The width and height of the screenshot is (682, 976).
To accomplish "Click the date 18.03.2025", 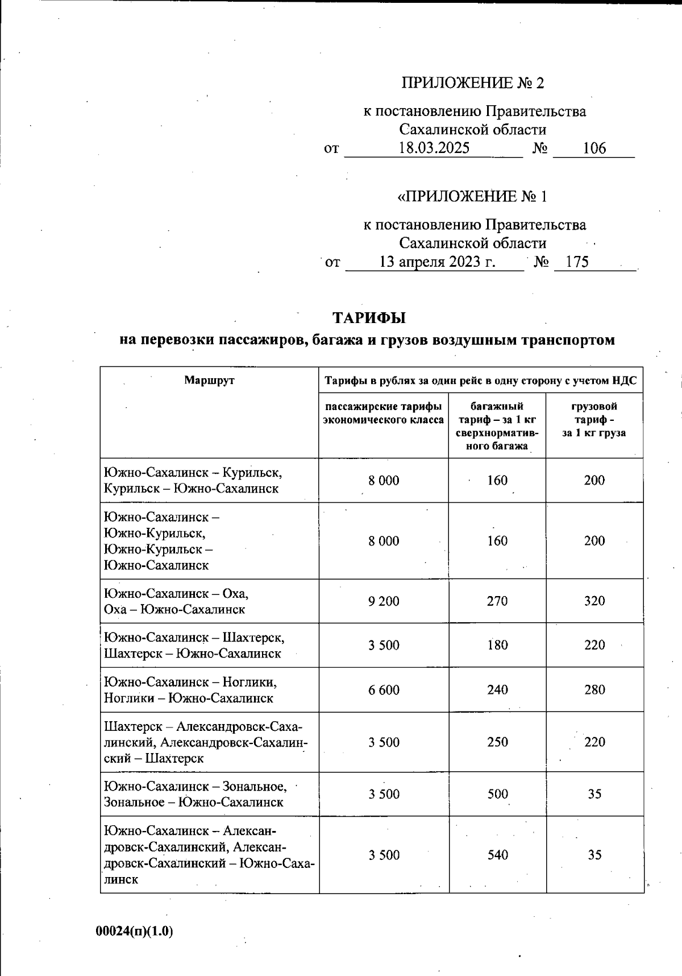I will pos(434,148).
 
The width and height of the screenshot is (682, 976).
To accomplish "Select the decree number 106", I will pos(594,148).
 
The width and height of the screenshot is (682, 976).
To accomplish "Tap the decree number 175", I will pos(577,262).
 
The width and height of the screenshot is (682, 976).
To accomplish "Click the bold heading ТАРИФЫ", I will pos(368,317).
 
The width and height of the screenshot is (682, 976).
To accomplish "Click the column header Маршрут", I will pos(209,381).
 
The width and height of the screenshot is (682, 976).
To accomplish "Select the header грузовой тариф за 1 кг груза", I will pos(594,419).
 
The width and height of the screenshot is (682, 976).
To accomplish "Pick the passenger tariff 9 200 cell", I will pos(384,601).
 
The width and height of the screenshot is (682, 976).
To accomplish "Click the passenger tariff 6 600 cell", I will pos(384,690).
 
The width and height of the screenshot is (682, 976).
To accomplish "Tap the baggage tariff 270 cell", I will pos(497,601).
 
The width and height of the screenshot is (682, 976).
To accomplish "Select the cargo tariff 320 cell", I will pos(594,601).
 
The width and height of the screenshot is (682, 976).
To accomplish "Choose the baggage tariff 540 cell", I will pos(497,855).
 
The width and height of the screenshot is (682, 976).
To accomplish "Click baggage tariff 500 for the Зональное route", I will pos(497,794).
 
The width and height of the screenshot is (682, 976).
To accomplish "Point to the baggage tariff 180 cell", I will pos(497,646).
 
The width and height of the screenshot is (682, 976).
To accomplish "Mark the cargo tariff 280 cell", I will pos(594,690).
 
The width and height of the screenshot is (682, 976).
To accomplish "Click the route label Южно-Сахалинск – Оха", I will pos(176,594).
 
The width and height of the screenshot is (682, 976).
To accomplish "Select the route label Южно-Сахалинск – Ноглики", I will pos(190,682).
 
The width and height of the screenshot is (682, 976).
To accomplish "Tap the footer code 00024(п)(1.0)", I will pos(134,931).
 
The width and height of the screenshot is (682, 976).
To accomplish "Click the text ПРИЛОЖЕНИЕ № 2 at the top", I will pos(473,83).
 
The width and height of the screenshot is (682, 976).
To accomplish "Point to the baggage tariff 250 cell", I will pos(497,742).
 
